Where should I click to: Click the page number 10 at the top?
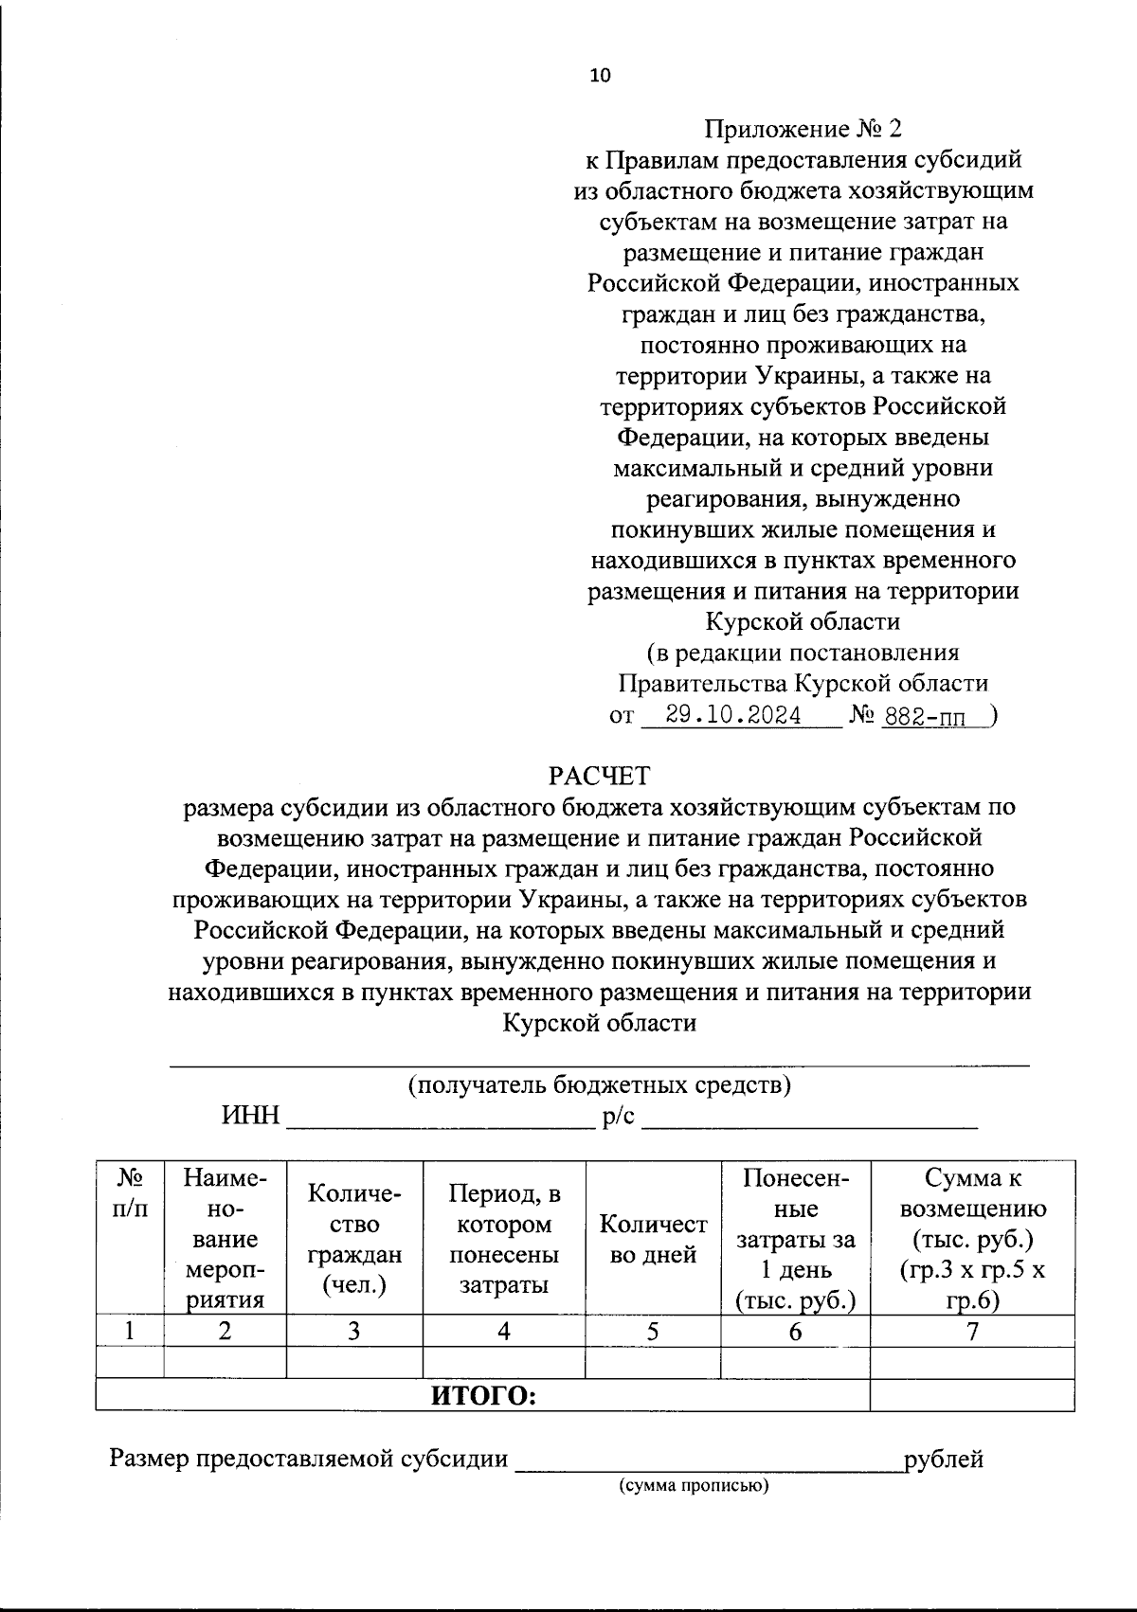(600, 76)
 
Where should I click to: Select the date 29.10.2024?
(733, 715)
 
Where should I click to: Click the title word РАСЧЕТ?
(600, 776)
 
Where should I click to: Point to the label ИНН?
(251, 1116)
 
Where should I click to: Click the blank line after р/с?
(809, 1121)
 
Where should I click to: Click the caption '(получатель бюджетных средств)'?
(600, 1084)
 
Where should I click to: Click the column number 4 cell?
(504, 1331)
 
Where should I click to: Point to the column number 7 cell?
(972, 1331)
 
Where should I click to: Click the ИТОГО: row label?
(484, 1395)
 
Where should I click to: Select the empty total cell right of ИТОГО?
(972, 1395)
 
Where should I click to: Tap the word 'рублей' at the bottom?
(944, 1459)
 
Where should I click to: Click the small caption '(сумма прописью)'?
(695, 1485)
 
